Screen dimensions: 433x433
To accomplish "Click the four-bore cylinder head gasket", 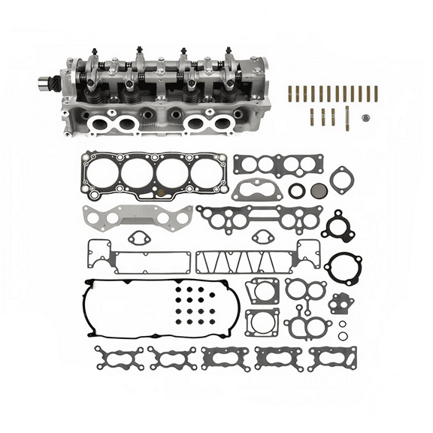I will coord(155,176).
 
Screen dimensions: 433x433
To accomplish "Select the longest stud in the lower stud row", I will coord(347,117).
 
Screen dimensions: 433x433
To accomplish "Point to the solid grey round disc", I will coord(319,191).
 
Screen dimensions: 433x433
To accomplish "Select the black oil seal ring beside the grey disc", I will coord(297,191).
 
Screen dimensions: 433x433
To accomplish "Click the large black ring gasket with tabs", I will coord(343,268).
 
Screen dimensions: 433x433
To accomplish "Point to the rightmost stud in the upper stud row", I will coord(375,94).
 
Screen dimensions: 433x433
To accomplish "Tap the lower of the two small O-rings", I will coord(344,335).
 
